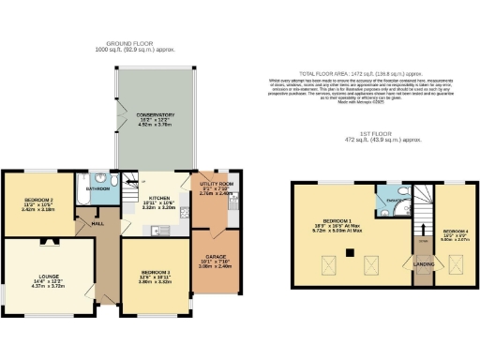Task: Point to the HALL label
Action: [96, 223]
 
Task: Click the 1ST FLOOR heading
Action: [376, 142]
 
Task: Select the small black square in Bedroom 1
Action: [351, 252]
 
